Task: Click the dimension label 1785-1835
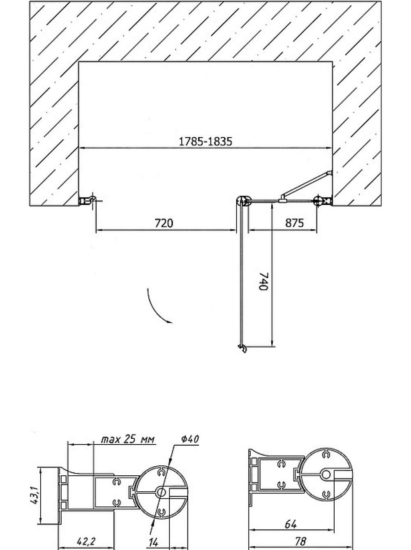(205, 142)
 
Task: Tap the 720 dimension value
(164, 223)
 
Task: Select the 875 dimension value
(294, 223)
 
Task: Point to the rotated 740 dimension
(263, 281)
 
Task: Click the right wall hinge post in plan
(318, 200)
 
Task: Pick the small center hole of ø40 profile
(161, 492)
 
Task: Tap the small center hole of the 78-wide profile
(326, 474)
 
